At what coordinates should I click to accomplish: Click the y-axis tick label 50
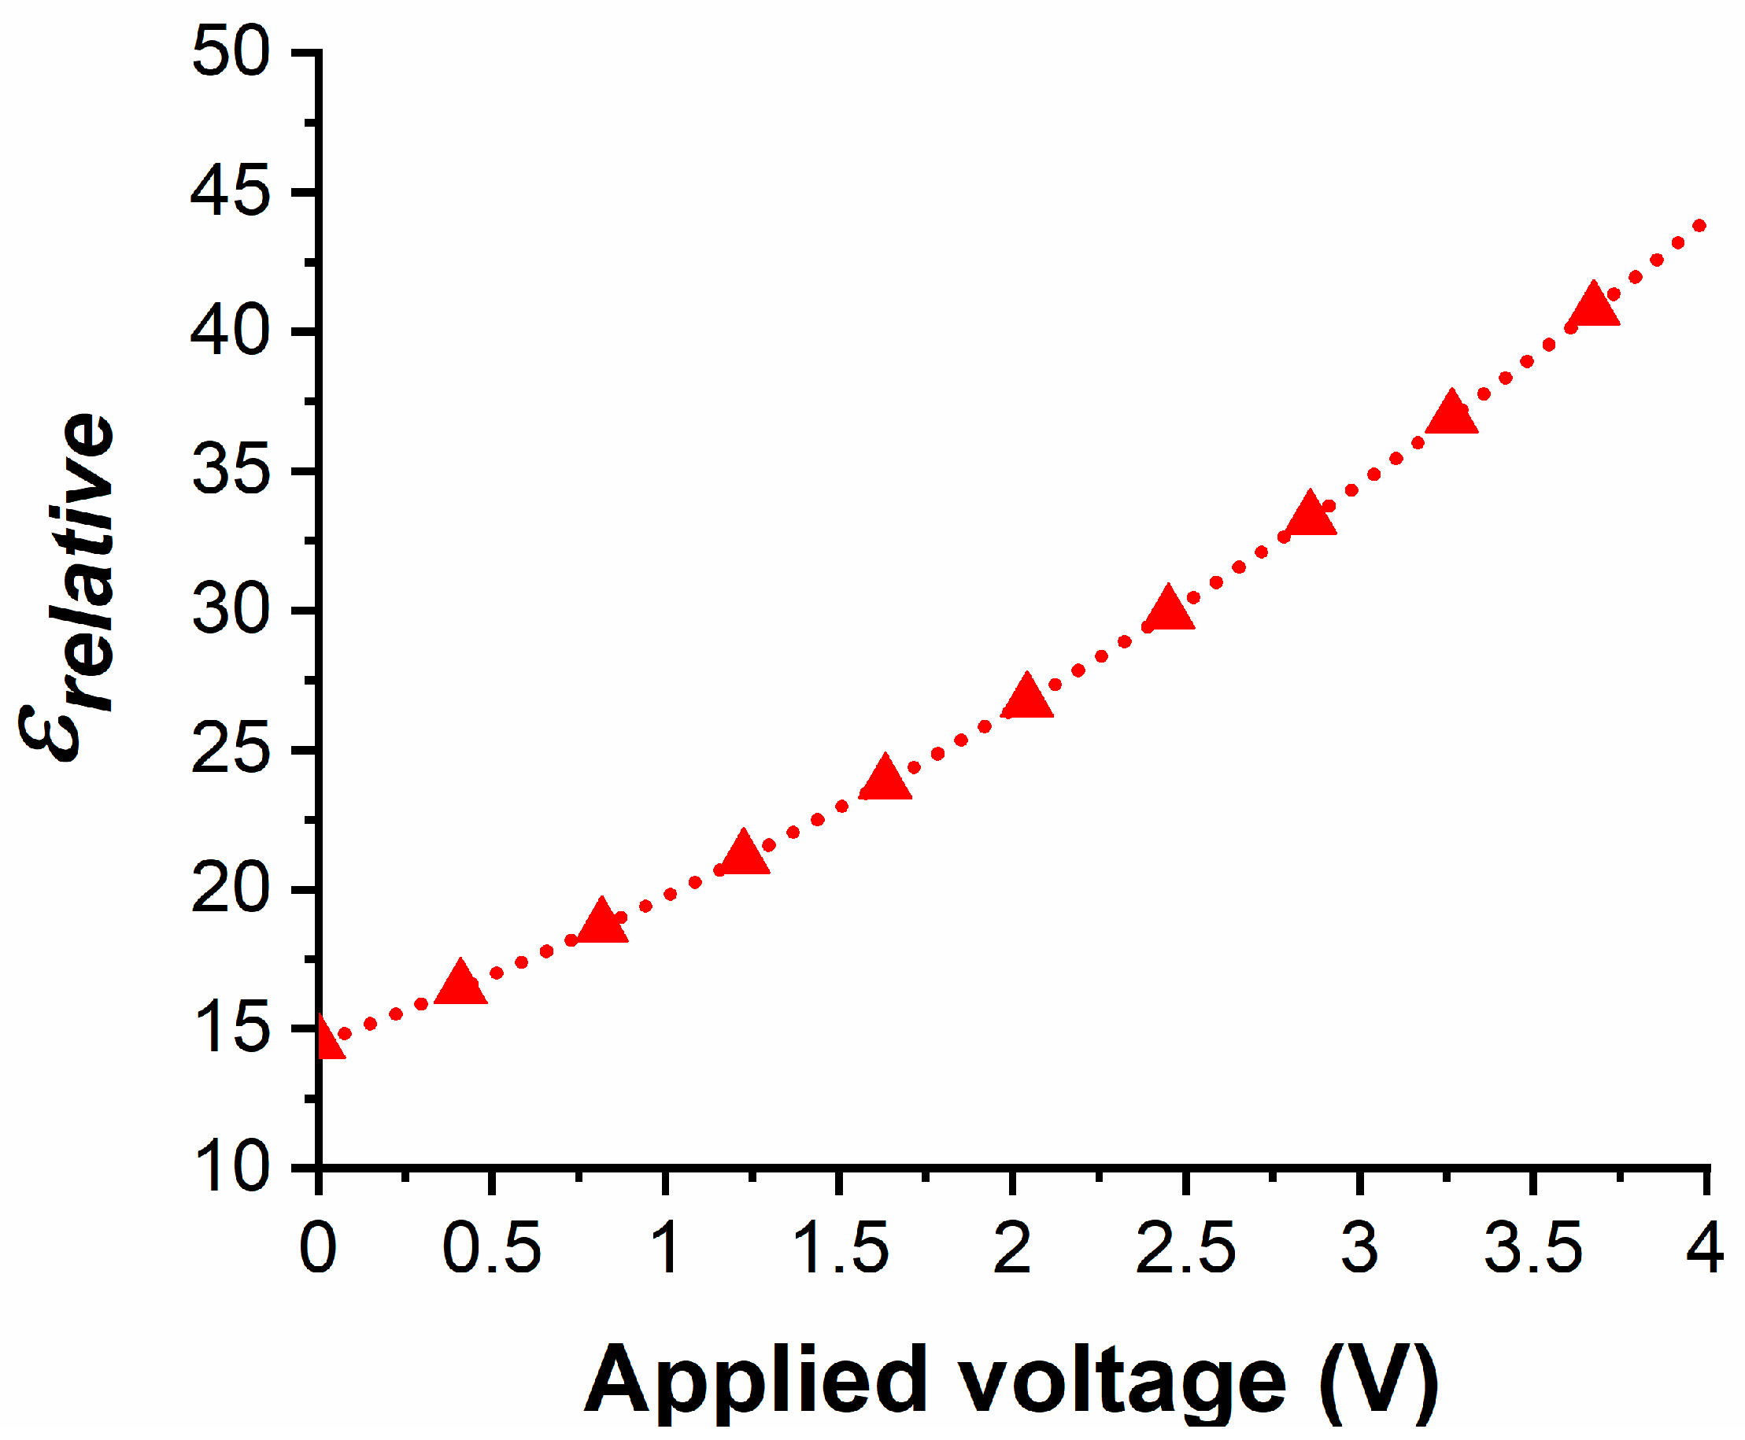coord(231,51)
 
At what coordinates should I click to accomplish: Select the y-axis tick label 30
coord(231,610)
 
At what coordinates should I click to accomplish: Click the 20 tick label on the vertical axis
coord(231,888)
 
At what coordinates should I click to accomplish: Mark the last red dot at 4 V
coord(1699,226)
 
